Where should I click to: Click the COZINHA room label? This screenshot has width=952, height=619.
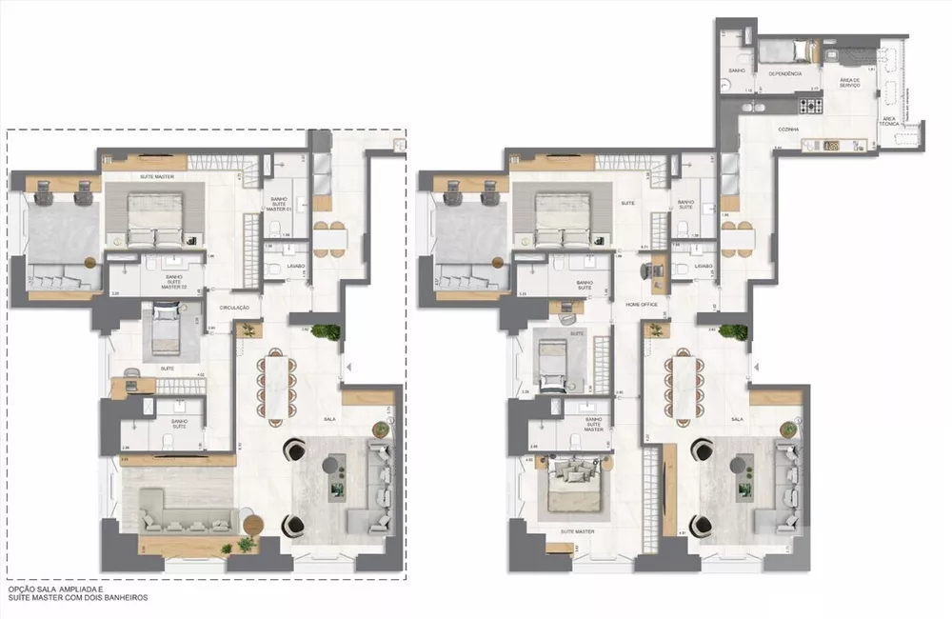[786, 129]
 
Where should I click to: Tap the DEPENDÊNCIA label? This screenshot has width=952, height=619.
[780, 73]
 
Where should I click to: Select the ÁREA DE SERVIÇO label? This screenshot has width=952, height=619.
[850, 83]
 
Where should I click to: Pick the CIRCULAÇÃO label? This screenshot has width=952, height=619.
[233, 308]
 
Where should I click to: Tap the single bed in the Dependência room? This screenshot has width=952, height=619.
[786, 50]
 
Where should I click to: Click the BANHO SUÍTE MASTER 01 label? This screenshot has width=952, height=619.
[281, 202]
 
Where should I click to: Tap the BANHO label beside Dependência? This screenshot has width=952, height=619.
[736, 71]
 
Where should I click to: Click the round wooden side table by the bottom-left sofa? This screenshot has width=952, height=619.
[252, 525]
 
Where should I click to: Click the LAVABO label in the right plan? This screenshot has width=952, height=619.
[704, 267]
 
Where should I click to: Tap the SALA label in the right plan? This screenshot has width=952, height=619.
[737, 419]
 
